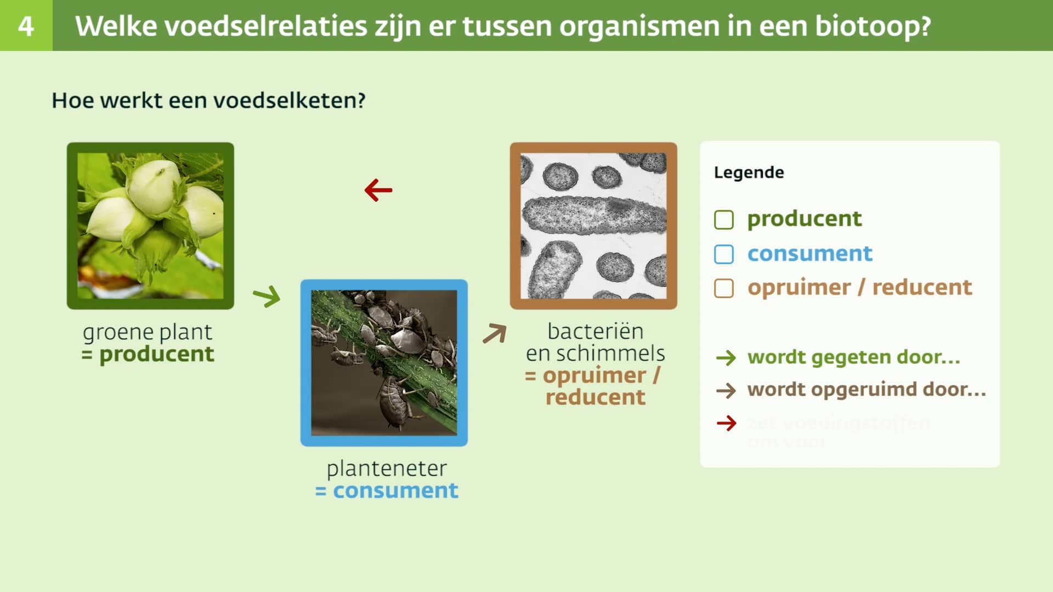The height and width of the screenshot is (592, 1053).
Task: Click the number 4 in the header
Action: pos(26,26)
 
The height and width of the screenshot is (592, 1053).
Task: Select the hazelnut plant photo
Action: pos(150,226)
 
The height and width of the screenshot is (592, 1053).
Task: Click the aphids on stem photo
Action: pos(384,363)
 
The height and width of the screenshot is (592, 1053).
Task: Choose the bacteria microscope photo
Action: pos(593,226)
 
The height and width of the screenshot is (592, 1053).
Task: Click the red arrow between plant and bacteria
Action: pos(378,190)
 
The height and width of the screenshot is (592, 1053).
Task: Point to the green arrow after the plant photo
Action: pos(267,296)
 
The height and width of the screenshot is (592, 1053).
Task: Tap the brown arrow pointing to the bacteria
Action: pos(495,333)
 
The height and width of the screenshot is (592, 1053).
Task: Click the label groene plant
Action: pos(147,332)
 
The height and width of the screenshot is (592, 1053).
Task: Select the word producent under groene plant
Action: pos(156,354)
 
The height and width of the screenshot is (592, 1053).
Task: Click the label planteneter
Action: pos(387,469)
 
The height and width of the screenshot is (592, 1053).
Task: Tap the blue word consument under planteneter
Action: pos(395,491)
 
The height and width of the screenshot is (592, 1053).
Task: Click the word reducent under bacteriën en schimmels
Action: pos(595,397)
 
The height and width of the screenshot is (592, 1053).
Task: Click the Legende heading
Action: pos(749,173)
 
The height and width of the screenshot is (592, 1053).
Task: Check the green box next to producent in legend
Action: pos(724,220)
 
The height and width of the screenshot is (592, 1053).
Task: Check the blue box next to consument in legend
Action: pos(724,254)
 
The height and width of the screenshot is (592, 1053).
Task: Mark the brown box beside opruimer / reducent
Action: pos(724,288)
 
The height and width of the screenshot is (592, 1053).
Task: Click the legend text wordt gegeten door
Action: pos(853,357)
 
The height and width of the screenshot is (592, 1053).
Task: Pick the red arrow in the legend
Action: pos(726,423)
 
